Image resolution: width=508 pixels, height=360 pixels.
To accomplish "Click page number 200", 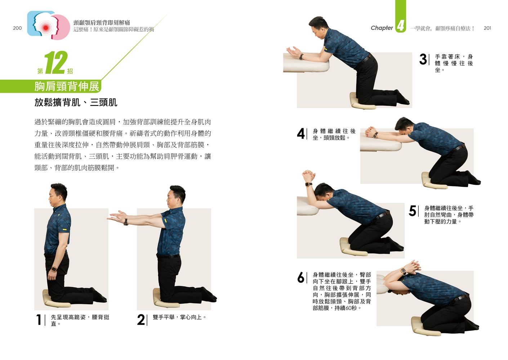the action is point(17,28).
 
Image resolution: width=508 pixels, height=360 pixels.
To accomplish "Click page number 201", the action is point(487,28).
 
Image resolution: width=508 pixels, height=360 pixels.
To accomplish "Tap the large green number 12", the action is point(56,63).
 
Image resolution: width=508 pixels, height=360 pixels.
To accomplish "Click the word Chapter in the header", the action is point(382,28).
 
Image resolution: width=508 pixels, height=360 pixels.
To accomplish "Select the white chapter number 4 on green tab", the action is point(401,25).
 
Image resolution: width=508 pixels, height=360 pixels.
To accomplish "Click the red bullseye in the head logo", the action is point(46,28).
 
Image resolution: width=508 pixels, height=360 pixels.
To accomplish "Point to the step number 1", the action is point(39,320).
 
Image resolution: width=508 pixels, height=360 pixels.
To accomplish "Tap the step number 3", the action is point(423,59).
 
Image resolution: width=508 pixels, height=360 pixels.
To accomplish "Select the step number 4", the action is point(301,134).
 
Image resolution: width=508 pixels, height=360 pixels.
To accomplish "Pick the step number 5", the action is point(412,211).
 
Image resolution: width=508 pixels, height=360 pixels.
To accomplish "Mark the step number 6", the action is point(301,278).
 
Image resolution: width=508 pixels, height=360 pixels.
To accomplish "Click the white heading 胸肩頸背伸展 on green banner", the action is point(67,86).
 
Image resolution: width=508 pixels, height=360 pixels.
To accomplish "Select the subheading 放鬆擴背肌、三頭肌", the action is point(76,103).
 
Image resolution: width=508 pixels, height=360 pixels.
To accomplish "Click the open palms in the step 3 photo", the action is point(294,52).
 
